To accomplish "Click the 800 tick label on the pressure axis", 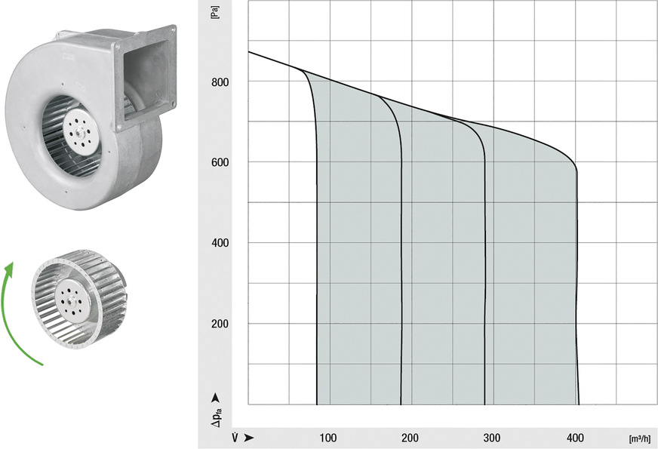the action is click(x=220, y=81).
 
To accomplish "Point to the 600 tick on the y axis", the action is click(x=220, y=162).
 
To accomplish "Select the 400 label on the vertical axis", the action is click(x=220, y=243).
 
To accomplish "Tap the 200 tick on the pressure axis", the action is click(x=220, y=324).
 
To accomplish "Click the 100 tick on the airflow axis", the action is click(x=328, y=438).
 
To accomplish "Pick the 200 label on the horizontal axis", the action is click(x=410, y=438).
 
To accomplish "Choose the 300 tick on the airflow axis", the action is click(x=492, y=438).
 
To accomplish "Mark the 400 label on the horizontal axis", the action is click(x=575, y=438).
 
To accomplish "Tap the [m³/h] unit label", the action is click(x=640, y=439).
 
